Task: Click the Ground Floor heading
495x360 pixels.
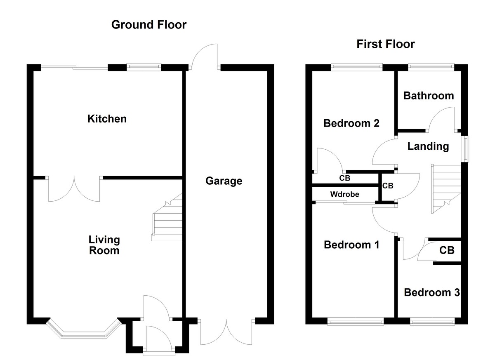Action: (149, 25)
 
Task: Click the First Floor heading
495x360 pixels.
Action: (385, 44)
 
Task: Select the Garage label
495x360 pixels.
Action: (224, 181)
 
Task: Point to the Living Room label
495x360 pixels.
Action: (104, 245)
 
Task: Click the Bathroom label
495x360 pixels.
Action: (428, 96)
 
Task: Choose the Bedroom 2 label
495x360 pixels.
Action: (351, 123)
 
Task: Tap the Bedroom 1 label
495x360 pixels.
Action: (351, 245)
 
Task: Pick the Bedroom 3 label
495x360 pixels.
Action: (431, 293)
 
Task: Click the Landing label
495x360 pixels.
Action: (428, 146)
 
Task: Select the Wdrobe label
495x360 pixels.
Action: (344, 194)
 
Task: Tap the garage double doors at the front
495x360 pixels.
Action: (226, 332)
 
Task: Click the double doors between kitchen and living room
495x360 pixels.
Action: (74, 190)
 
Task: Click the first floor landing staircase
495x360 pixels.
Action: (445, 188)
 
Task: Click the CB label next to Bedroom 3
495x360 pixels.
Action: (446, 250)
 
